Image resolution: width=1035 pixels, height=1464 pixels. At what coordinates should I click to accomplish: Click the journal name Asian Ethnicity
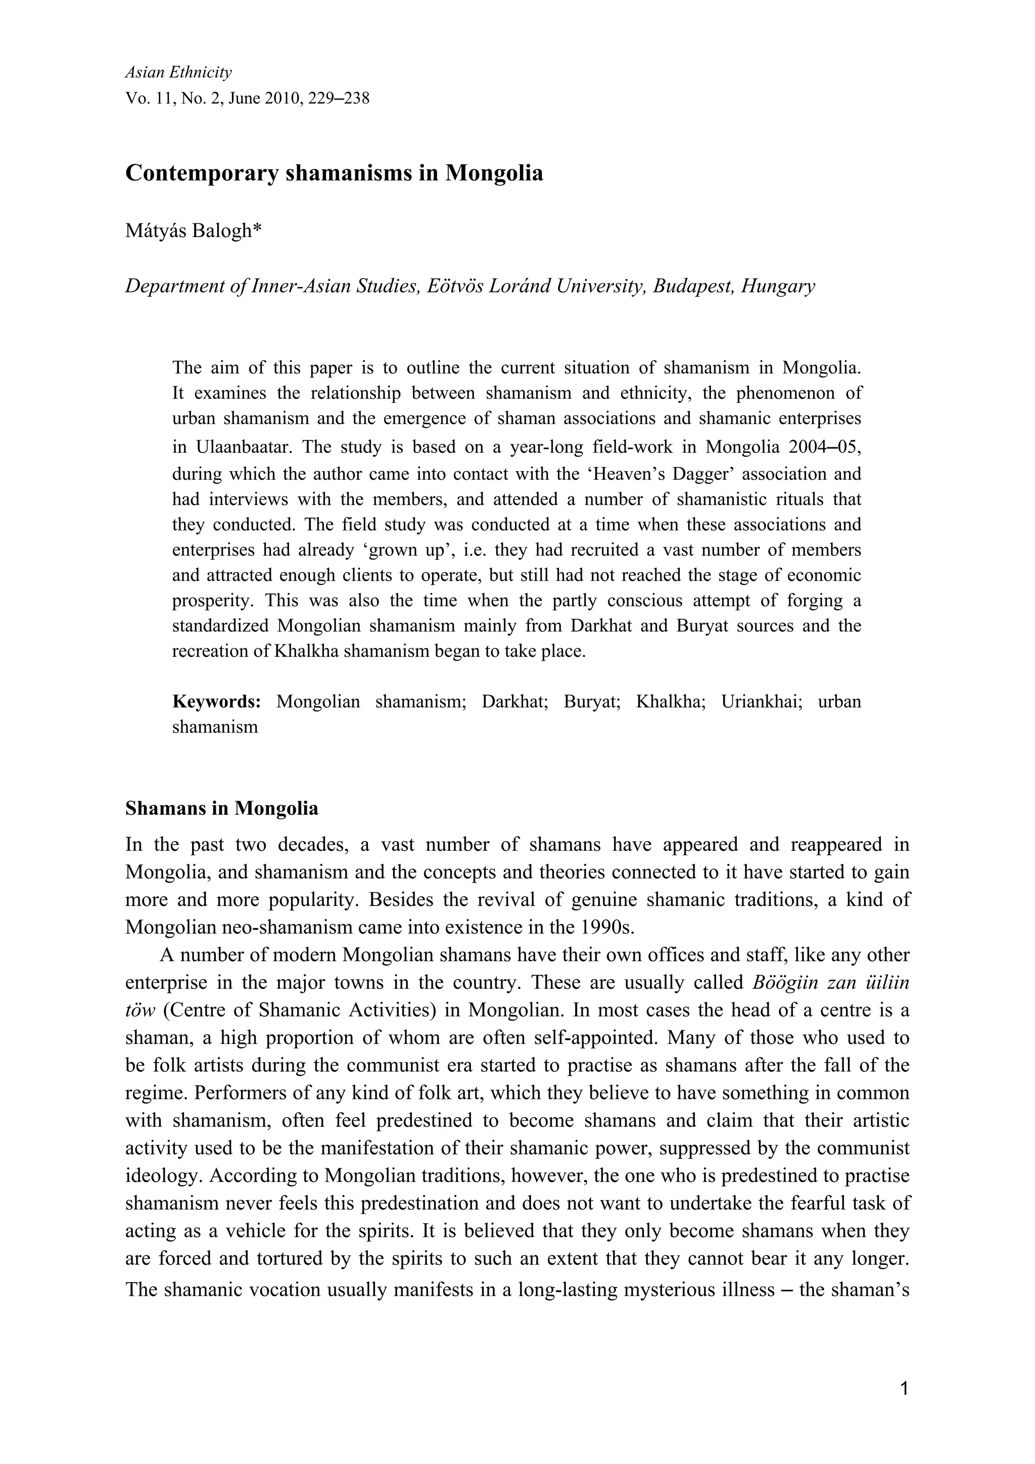[x=178, y=73]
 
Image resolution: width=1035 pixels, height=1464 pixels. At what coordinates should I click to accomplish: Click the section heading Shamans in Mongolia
[x=222, y=808]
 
